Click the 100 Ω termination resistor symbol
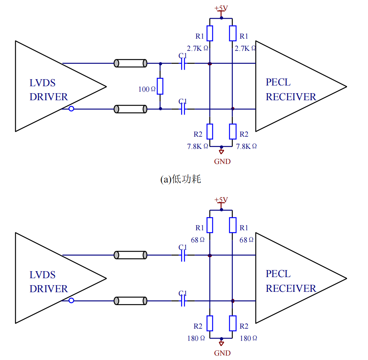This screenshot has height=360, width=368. [160, 86]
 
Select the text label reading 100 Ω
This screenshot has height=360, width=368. [147, 89]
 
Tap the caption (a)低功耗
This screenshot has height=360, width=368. [180, 179]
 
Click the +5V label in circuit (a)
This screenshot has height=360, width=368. [221, 8]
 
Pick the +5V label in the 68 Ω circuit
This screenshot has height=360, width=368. [221, 200]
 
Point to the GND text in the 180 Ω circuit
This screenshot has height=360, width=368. [222, 353]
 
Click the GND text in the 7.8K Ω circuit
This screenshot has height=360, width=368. [222, 161]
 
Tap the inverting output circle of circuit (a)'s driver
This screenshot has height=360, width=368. [71, 109]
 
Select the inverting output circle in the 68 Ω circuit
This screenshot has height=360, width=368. [71, 300]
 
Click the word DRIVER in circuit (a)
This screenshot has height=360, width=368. [49, 97]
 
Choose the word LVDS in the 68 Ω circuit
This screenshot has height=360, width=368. [42, 275]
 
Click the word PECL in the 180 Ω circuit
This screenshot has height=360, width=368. [278, 274]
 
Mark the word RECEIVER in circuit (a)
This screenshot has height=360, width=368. [291, 97]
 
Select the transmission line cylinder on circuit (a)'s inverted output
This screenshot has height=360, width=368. [130, 109]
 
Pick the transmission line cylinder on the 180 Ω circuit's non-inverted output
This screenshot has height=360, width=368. [130, 255]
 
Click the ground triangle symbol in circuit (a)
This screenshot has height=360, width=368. [221, 151]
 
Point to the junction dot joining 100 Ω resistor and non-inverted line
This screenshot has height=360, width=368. [160, 63]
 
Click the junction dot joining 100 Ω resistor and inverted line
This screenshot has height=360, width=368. [160, 109]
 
